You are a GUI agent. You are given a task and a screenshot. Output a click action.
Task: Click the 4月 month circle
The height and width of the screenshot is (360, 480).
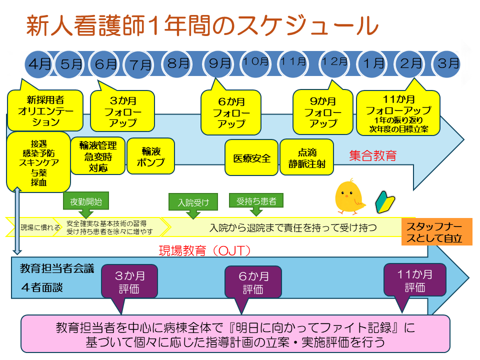39,64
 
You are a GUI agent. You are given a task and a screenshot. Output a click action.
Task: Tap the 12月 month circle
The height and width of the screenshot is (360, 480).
334,62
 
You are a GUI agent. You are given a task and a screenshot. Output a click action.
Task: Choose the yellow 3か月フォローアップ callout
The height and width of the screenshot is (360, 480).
122,110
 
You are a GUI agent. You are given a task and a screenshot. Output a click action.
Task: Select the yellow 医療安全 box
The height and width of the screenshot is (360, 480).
251,158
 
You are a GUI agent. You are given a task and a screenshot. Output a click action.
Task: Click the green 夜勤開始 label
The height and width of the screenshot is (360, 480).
86,201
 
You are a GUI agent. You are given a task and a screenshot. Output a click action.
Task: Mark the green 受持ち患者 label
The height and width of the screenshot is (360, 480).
256,201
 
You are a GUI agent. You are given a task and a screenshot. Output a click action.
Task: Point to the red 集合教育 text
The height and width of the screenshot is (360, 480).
372,155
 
